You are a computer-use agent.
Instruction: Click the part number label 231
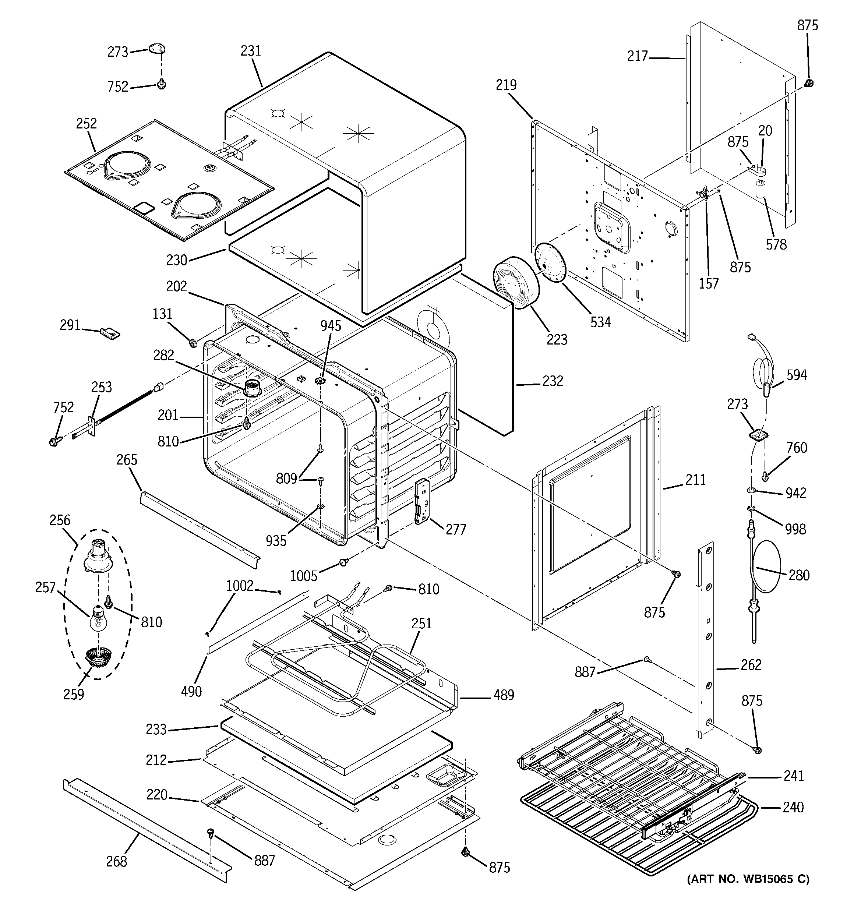[x=251, y=50]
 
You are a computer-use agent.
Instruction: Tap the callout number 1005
[x=303, y=576]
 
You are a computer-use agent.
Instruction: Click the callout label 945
[x=331, y=326]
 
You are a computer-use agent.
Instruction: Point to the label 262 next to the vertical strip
[x=751, y=664]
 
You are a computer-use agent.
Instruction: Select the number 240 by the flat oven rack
[x=793, y=806]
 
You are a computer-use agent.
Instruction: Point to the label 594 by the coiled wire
[x=796, y=375]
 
